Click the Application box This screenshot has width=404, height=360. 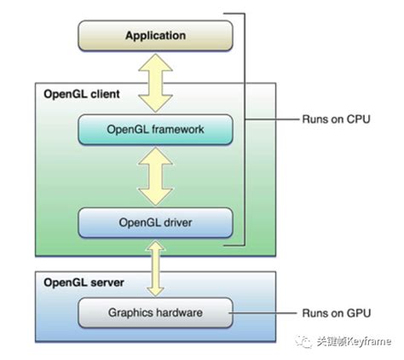[x=155, y=36]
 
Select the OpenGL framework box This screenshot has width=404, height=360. [x=155, y=131]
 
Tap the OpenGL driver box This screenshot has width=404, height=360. [x=155, y=224]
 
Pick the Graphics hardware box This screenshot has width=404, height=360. [x=155, y=313]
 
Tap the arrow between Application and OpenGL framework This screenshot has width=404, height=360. [x=155, y=83]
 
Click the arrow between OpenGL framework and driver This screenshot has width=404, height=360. [x=155, y=177]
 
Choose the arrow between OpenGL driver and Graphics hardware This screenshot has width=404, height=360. [x=155, y=269]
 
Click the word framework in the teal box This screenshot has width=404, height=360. [x=179, y=131]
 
